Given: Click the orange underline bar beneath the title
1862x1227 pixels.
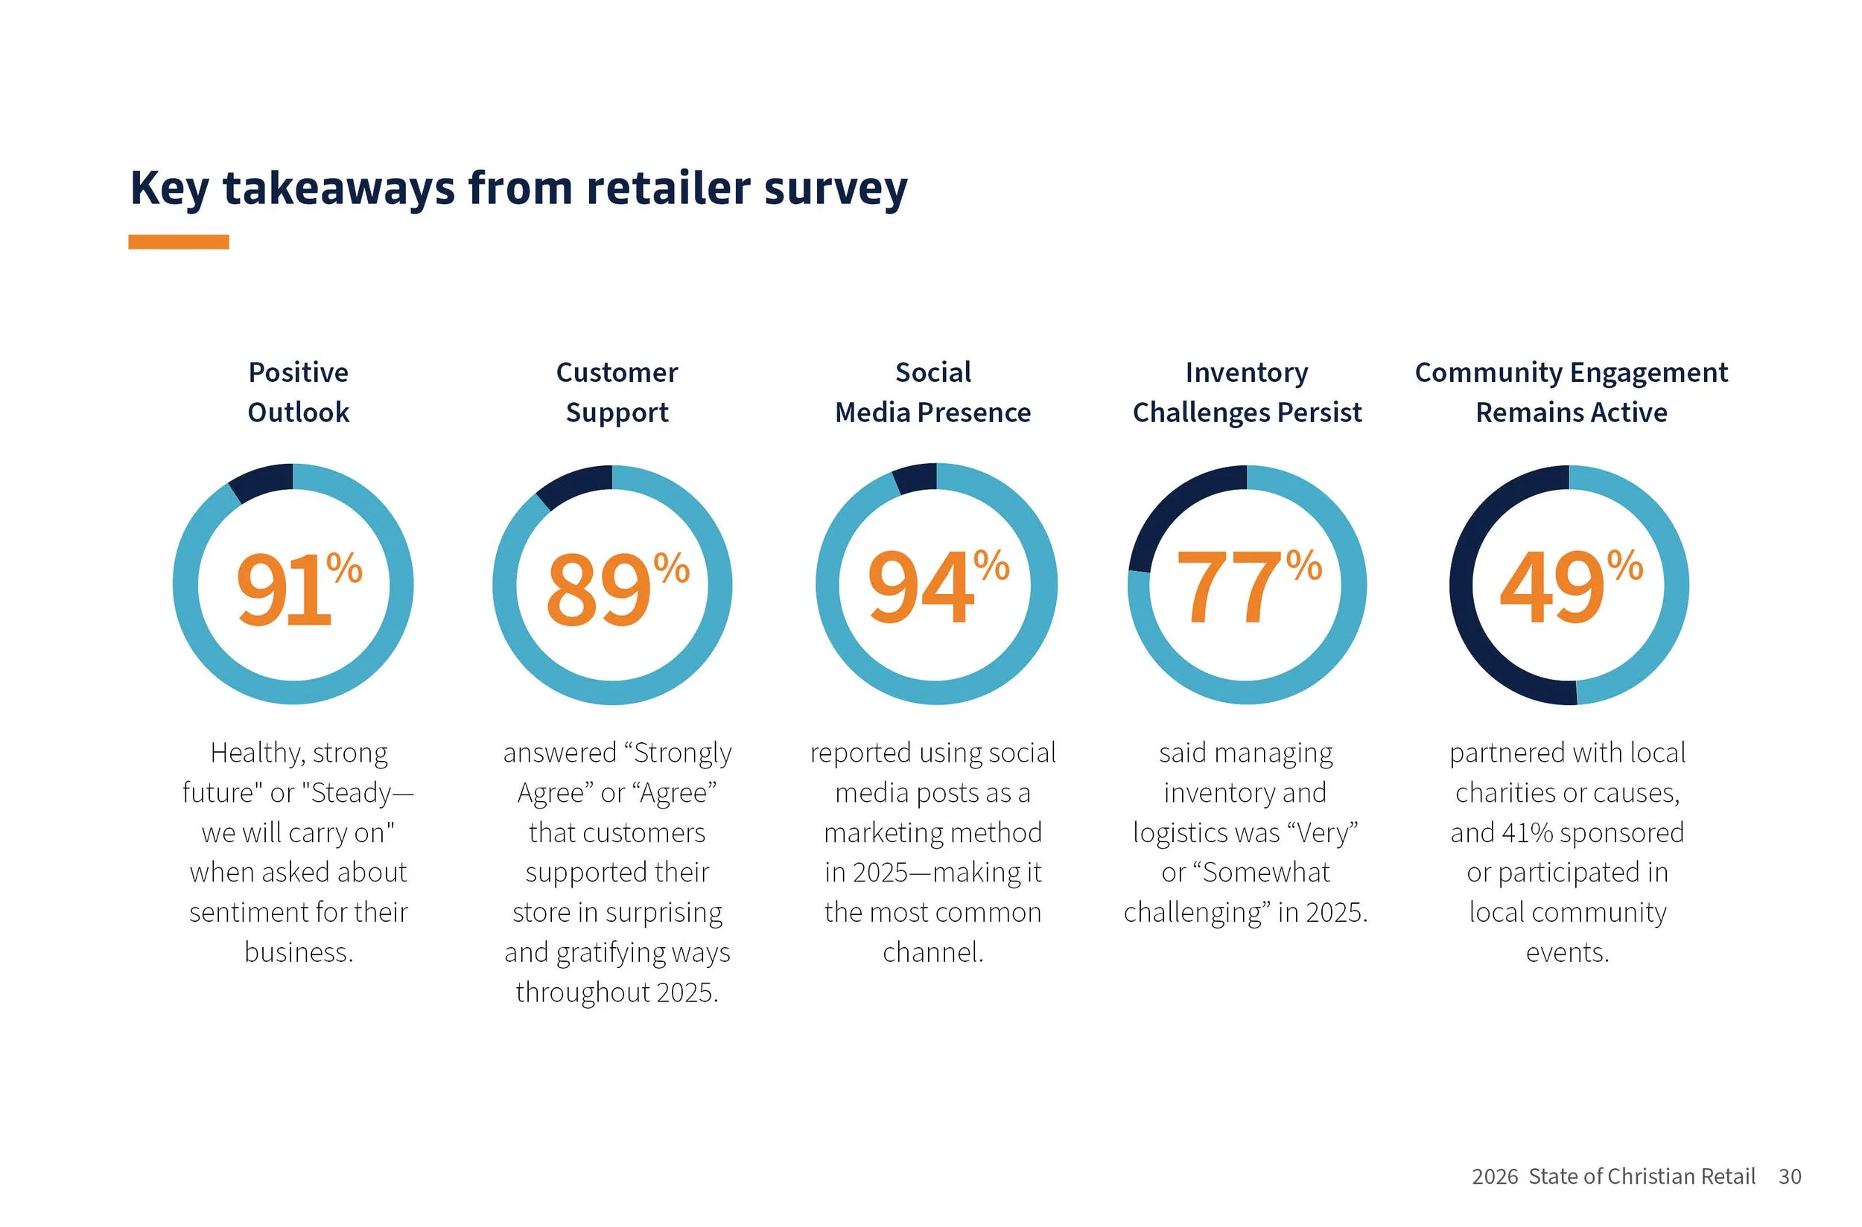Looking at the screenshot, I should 179,242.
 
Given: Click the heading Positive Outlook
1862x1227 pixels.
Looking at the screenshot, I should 298,392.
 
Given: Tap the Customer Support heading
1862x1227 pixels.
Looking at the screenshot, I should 617,392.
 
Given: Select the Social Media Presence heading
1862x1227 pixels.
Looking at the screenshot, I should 933,392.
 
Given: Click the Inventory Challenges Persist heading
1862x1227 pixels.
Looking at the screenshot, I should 1247,392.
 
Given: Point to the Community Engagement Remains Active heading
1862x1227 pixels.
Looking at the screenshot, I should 1571,392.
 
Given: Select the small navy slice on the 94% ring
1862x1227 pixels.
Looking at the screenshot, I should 917,478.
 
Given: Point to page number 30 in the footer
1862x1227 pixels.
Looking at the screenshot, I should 1789,1177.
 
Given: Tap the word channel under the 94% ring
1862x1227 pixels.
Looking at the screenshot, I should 932,952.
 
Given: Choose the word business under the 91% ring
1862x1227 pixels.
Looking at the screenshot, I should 298,952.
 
